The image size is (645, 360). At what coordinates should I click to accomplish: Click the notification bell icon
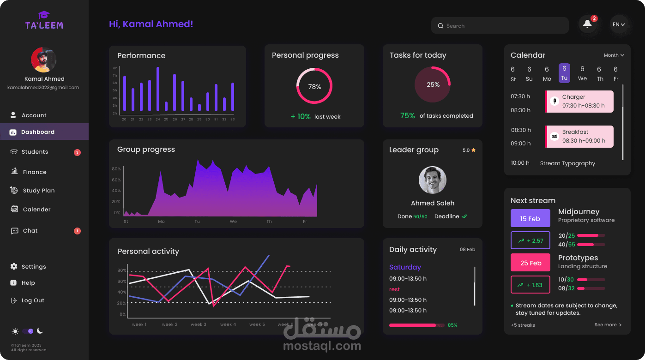[x=587, y=24]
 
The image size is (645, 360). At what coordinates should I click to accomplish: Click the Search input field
[x=500, y=26]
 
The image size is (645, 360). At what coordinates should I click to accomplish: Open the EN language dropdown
[x=619, y=24]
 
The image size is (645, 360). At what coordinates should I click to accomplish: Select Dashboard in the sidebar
[x=38, y=132]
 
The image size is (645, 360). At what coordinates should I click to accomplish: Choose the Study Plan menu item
[x=39, y=191]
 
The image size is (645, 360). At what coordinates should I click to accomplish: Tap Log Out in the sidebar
[x=33, y=300]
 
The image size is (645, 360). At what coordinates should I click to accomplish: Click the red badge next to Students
[x=77, y=152]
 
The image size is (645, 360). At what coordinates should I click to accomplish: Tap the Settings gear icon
[x=14, y=266]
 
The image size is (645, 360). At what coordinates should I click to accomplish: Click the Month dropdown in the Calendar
[x=614, y=55]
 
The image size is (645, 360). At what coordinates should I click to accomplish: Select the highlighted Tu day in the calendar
[x=564, y=73]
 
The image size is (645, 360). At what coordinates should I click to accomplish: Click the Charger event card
[x=579, y=101]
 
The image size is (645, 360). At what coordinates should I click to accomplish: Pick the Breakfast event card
[x=579, y=137]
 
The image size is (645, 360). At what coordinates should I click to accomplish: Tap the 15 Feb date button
[x=530, y=218]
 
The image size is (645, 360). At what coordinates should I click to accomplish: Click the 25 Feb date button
[x=530, y=263]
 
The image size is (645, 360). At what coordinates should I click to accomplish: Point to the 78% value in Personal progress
[x=314, y=87]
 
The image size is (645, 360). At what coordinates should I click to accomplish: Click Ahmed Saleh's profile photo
[x=433, y=180]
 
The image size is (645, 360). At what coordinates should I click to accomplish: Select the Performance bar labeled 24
[x=158, y=89]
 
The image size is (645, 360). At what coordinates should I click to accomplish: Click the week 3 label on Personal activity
[x=199, y=324]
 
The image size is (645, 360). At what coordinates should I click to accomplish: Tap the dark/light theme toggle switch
[x=28, y=331]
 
